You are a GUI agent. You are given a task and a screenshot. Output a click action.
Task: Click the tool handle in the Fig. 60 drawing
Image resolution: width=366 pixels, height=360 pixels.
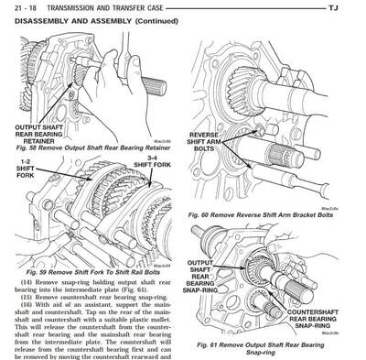(x=320, y=183)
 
